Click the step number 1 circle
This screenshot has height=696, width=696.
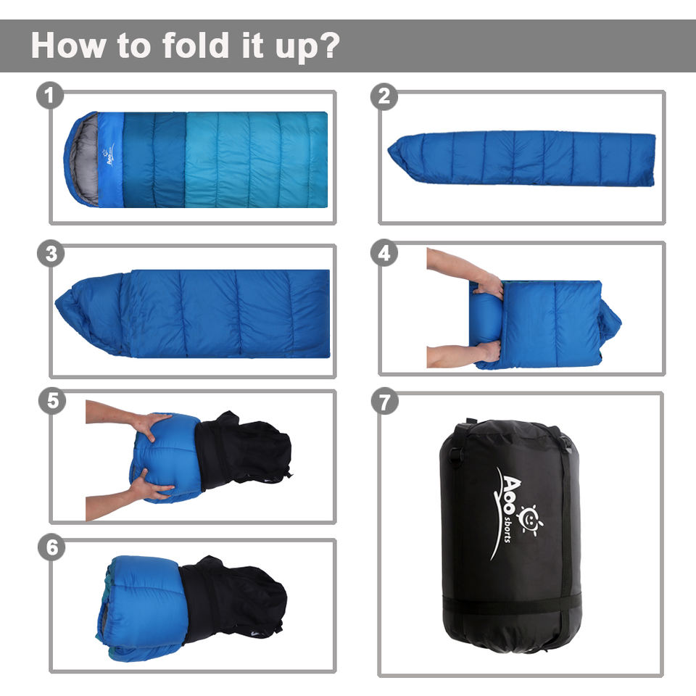(x=50, y=96)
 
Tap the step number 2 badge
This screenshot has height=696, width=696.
(x=384, y=96)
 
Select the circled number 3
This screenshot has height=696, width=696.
(x=51, y=254)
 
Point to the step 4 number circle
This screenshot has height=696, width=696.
(x=384, y=253)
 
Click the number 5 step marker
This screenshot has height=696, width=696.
(x=52, y=401)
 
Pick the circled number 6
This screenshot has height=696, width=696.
(x=51, y=547)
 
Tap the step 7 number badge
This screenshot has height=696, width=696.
(x=384, y=401)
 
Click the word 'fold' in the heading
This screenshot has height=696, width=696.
(x=196, y=45)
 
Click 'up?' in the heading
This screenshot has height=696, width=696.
(x=307, y=47)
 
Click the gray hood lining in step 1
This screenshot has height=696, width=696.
(x=85, y=159)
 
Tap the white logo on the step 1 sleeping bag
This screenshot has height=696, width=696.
(x=109, y=157)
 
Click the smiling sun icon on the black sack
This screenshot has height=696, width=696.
(x=530, y=519)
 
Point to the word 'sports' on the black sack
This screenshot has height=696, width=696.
(x=507, y=529)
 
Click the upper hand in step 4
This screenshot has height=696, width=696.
(x=489, y=284)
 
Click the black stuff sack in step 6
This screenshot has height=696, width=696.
(x=233, y=597)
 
